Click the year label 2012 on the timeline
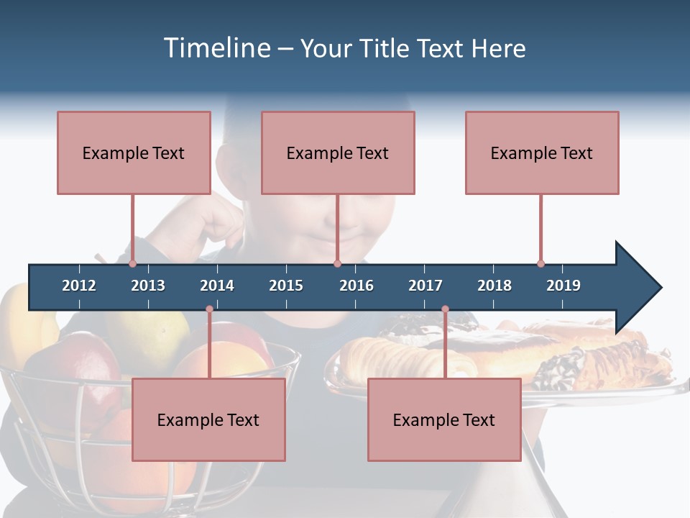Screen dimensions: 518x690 click(79, 286)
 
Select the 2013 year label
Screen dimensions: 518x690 click(148, 286)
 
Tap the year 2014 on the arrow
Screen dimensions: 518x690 click(217, 286)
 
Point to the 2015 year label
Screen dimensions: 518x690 click(286, 286)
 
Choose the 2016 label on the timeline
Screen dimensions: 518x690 click(356, 286)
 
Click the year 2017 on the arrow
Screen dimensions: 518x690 click(425, 286)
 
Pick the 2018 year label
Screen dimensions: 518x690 click(494, 286)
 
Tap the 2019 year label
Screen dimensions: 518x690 click(563, 286)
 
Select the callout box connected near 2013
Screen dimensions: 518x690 click(134, 153)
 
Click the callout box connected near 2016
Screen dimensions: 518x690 click(338, 153)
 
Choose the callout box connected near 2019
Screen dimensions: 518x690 click(542, 153)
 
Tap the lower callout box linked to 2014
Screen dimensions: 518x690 click(208, 419)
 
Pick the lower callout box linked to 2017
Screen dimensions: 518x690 click(444, 419)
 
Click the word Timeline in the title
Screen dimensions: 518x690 click(217, 48)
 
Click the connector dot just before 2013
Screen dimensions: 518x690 click(133, 263)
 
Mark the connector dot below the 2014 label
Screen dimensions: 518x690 click(209, 309)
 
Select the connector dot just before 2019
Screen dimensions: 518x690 click(540, 263)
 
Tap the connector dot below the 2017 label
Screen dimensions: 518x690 click(445, 309)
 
